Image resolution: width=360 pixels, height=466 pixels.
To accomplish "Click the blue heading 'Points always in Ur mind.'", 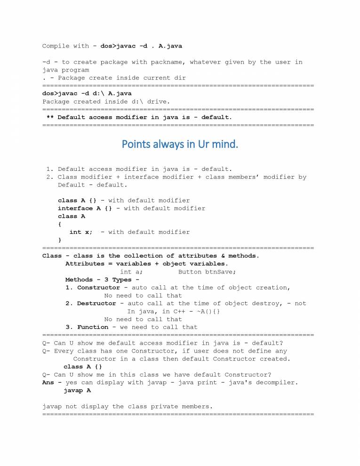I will click(180, 144).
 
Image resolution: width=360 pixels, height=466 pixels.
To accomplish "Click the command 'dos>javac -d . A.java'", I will click(141, 46).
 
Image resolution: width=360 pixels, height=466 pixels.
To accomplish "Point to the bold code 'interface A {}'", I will click(85, 209).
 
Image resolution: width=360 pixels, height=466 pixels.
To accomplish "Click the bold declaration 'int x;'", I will click(81, 232).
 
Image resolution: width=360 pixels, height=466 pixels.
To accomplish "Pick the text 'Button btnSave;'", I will click(207, 272).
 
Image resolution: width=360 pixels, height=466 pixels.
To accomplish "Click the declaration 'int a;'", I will click(131, 272).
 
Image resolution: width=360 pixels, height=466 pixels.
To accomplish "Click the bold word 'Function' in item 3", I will click(92, 327).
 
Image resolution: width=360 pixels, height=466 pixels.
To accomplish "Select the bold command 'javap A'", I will click(77, 391).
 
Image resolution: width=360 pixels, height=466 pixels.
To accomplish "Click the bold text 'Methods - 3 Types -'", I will click(102, 280).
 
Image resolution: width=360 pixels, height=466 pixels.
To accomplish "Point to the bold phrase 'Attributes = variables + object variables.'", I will click(146, 264).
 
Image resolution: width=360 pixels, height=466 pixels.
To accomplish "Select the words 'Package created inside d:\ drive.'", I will click(106, 102).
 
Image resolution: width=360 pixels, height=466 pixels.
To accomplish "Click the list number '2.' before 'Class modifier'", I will click(50, 177).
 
